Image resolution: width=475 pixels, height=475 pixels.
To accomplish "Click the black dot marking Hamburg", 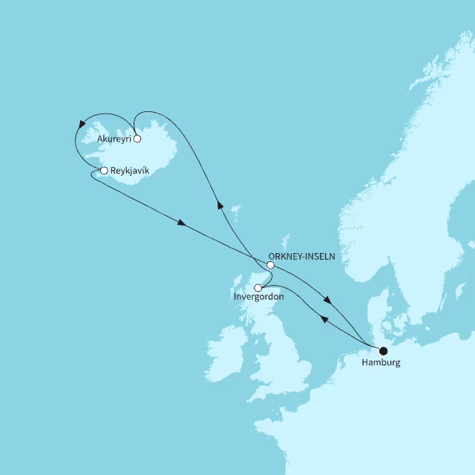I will coord(383,351).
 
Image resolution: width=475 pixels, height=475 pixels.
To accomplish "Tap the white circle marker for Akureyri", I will coord(137,138).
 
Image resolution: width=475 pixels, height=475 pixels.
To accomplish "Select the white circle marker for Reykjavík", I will coord(104,171).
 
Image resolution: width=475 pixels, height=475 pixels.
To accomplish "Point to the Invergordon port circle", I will coord(258,288).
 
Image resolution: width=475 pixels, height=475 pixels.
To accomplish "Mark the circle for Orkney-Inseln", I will coord(270,265).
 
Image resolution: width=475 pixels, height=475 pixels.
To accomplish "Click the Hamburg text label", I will coord(381,364).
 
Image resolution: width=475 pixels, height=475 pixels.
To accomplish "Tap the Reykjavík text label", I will coord(130,171).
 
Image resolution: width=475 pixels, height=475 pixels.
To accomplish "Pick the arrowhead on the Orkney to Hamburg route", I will coord(327,301).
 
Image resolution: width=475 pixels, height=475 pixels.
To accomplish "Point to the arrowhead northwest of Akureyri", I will coord(80,125).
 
